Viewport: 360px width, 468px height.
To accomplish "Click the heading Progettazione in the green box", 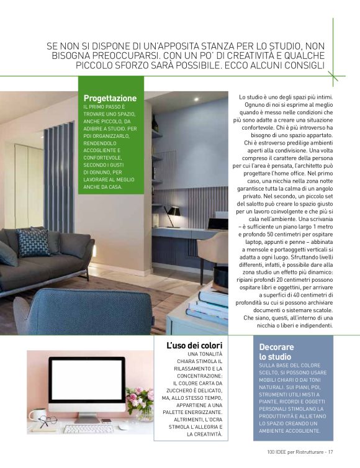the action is (110, 98).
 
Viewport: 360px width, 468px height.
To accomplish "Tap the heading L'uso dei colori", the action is (194, 345).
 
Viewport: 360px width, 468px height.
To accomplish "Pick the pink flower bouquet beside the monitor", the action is (141, 399).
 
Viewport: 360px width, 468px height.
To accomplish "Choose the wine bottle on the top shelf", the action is (155, 124).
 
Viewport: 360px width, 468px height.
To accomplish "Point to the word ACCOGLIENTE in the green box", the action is (103, 150).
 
